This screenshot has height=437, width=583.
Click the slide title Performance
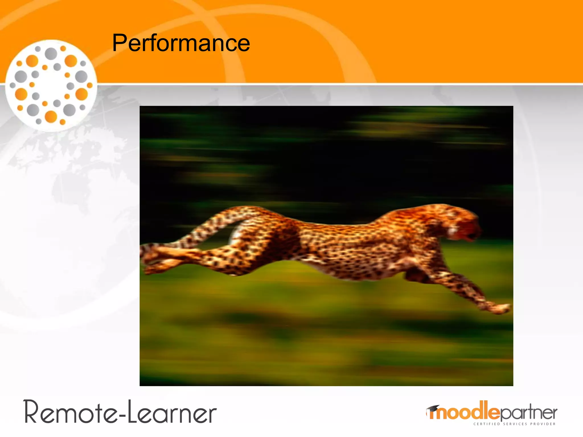pyautogui.click(x=181, y=43)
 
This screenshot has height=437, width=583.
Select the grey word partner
pyautogui.click(x=528, y=413)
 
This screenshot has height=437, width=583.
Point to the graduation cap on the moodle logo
pyautogui.click(x=433, y=409)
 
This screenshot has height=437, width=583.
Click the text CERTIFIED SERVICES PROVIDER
pyautogui.click(x=514, y=424)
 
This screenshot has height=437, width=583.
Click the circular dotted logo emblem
pyautogui.click(x=51, y=85)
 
